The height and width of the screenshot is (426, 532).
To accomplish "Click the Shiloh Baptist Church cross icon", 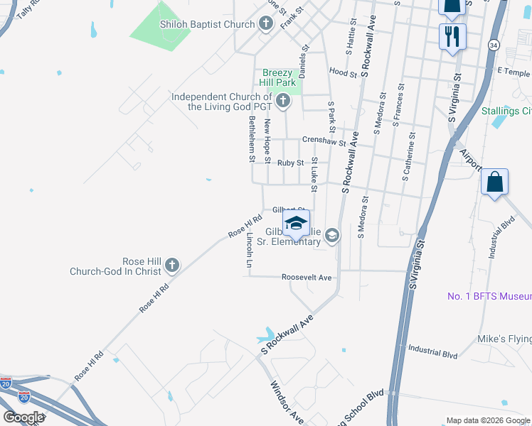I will coord(266,24).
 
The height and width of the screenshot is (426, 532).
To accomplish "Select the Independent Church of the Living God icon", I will coord(283,101).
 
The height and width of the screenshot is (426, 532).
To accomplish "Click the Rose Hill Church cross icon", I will coord(171,266).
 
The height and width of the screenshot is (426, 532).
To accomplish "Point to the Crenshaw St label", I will coord(324,141).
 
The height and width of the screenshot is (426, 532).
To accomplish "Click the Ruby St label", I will coord(291,163).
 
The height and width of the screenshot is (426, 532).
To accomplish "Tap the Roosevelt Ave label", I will coord(307,277).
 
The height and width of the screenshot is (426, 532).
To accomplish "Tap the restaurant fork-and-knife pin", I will coord(452,35).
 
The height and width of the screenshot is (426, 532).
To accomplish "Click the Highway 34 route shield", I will coord(493,45).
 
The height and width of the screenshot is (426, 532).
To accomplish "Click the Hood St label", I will coord(343,72).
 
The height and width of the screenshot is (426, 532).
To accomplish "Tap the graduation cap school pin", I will coord(296,224).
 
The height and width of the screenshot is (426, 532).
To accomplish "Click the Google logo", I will coord(23,417).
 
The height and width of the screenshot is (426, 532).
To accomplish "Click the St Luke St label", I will coord(314,175).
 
